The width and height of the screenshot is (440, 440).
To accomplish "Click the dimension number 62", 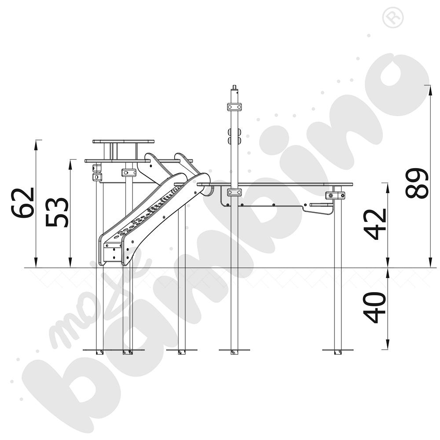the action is click(23, 202).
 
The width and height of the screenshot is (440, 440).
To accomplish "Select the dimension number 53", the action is click(57, 213).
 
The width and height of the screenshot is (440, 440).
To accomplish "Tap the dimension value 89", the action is click(417, 183).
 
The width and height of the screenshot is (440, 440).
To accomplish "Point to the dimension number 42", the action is click(375, 224).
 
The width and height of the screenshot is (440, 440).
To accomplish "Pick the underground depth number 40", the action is click(374, 308).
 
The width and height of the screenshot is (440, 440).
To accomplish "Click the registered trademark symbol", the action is click(393, 18).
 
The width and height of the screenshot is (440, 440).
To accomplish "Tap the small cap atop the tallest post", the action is click(235, 87).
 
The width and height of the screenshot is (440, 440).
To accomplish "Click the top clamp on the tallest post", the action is click(235, 107).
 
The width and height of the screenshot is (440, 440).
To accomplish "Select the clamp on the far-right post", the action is click(335, 195).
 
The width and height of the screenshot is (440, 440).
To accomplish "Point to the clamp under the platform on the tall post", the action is click(235, 193).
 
